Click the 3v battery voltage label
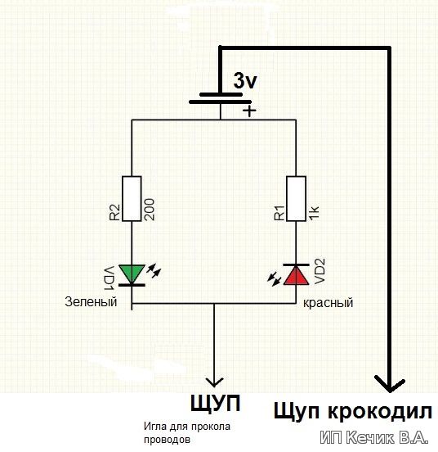pyautogui.click(x=244, y=81)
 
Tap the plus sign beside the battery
pyautogui.click(x=249, y=111)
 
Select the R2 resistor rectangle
pyautogui.click(x=132, y=199)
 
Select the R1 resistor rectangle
pyautogui.click(x=296, y=199)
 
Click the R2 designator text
pyautogui.click(x=114, y=212)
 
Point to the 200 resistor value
pyautogui.click(x=149, y=210)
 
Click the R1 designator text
pyautogui.click(x=279, y=213)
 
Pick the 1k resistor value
pyautogui.click(x=314, y=214)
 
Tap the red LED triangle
pyautogui.click(x=297, y=275)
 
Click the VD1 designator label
pyautogui.click(x=109, y=278)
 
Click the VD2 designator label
pyautogui.click(x=320, y=271)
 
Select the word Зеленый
pyautogui.click(x=91, y=302)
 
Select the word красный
pyautogui.click(x=328, y=303)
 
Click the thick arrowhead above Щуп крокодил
pyautogui.click(x=390, y=384)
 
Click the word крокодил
pyautogui.click(x=380, y=411)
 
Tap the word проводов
pyautogui.click(x=167, y=441)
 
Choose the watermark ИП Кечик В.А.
pyautogui.click(x=374, y=438)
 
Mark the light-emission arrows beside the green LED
pyautogui.click(x=154, y=270)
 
